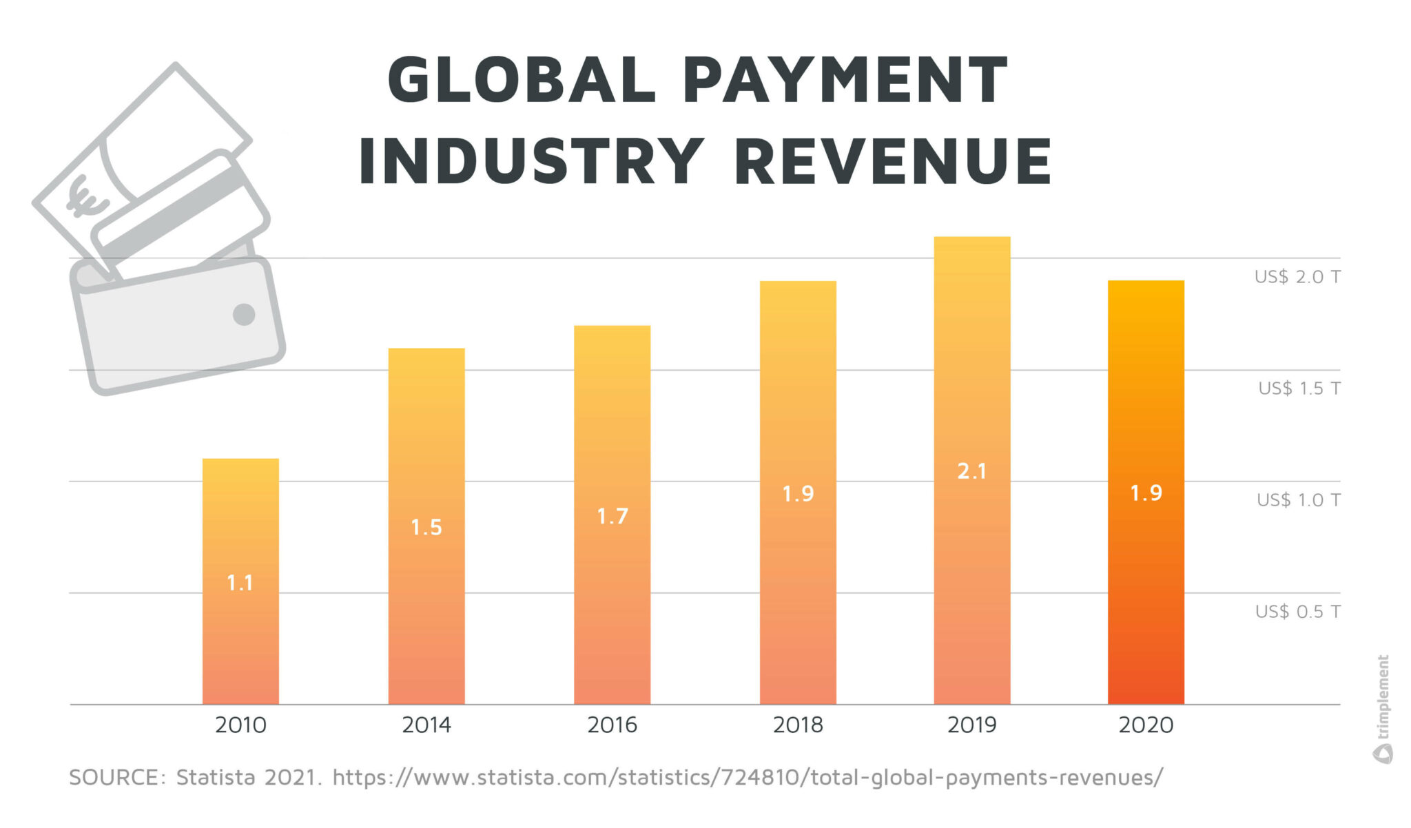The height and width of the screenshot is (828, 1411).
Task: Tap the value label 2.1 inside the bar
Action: [x=971, y=471]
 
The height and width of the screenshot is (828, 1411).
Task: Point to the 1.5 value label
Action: [x=426, y=528]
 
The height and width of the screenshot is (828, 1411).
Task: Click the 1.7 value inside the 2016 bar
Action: [x=612, y=516]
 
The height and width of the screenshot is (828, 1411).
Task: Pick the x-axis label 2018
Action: [x=798, y=725]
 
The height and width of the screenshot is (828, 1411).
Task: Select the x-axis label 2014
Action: [x=426, y=725]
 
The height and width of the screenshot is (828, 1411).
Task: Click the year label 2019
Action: [x=971, y=725]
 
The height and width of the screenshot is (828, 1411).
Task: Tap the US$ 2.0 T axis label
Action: [x=1297, y=277]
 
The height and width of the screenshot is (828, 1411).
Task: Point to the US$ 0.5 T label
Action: [x=1297, y=612]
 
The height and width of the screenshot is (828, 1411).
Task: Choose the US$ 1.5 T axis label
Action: [x=1299, y=389]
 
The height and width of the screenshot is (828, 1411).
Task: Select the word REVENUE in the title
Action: [x=893, y=162]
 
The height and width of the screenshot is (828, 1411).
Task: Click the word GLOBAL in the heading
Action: [x=522, y=81]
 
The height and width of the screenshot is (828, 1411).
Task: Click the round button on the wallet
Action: [x=244, y=314]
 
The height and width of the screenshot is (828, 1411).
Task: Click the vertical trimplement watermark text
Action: [x=1383, y=696]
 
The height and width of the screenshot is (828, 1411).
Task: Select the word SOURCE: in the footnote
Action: [x=117, y=778]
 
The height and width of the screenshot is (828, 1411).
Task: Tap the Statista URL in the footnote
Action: [x=748, y=778]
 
